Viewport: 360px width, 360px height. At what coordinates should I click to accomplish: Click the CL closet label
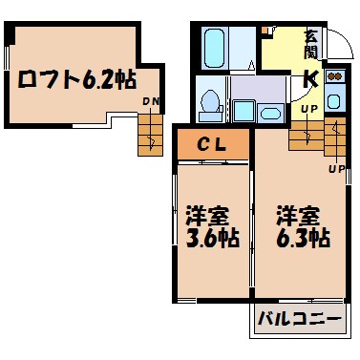tap(211, 145)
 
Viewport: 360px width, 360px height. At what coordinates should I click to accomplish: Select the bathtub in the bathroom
tap(214, 45)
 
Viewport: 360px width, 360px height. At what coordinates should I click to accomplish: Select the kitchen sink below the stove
tap(334, 98)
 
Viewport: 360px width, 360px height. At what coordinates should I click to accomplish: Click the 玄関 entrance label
tap(311, 45)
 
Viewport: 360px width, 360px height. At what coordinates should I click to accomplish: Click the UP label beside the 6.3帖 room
tap(336, 169)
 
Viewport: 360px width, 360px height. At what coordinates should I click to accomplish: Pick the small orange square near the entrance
tap(267, 32)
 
